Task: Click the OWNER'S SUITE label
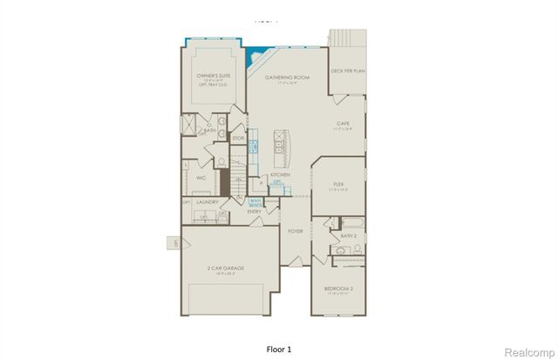tap(212, 77)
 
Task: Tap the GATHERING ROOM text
tap(288, 77)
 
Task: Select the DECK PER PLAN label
tap(347, 70)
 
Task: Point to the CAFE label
tap(344, 124)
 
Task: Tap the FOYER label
tap(296, 231)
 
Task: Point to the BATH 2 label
tap(348, 235)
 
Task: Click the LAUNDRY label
tap(207, 201)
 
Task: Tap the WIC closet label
tap(200, 177)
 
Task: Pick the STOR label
tap(237, 138)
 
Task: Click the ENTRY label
tap(255, 211)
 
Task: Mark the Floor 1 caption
tap(278, 347)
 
